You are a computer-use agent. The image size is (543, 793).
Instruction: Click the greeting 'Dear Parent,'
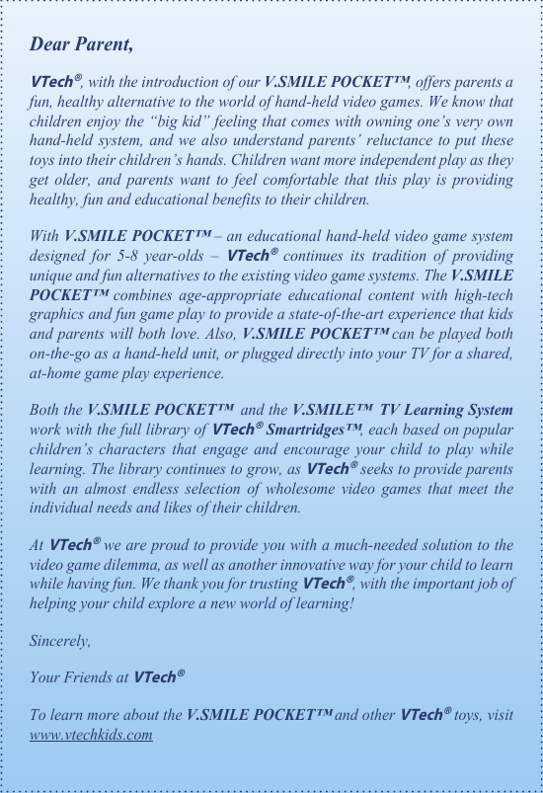coord(81,44)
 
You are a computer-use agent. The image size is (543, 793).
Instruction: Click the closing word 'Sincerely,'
coord(60,641)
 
